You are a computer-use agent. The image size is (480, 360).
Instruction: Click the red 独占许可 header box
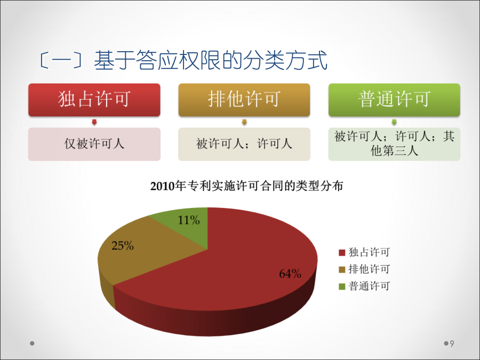(94, 100)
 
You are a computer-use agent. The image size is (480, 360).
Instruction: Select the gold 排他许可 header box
(244, 100)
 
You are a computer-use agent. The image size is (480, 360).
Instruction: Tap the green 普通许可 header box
(394, 100)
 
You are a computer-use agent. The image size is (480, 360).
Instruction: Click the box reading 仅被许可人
(94, 144)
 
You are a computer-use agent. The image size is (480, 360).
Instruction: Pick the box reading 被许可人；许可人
(244, 144)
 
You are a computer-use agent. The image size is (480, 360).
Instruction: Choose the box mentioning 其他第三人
(394, 144)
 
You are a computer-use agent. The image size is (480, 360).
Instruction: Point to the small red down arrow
(94, 122)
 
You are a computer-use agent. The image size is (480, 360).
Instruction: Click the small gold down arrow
(244, 122)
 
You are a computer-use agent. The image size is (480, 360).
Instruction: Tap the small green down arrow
(394, 122)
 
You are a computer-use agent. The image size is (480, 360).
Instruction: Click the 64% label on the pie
(290, 274)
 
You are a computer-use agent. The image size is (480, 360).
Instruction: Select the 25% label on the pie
(123, 245)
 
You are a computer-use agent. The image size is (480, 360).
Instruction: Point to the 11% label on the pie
(189, 220)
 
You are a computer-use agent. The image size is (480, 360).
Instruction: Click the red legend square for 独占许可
(342, 253)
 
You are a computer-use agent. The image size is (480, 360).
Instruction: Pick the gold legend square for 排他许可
(342, 270)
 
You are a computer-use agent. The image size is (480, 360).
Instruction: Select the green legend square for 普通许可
(342, 286)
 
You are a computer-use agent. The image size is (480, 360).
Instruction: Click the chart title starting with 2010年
(247, 186)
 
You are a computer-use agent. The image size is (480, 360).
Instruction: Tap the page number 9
(452, 343)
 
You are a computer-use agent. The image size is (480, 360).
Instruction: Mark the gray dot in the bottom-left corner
(32, 343)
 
